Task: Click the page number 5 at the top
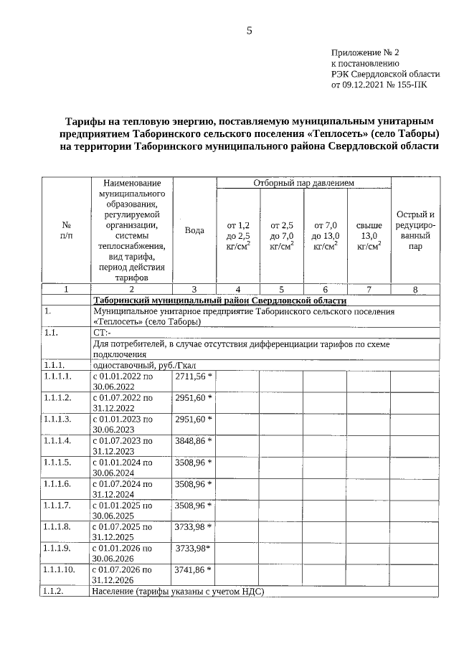click(x=250, y=29)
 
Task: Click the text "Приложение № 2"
click(x=364, y=52)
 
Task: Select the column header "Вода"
click(x=194, y=230)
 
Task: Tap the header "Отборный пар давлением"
click(x=304, y=184)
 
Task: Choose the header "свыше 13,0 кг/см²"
click(x=369, y=236)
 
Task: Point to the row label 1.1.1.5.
click(x=57, y=462)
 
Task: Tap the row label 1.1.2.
click(x=54, y=591)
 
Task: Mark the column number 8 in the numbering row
click(x=415, y=289)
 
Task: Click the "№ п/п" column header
click(x=66, y=230)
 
